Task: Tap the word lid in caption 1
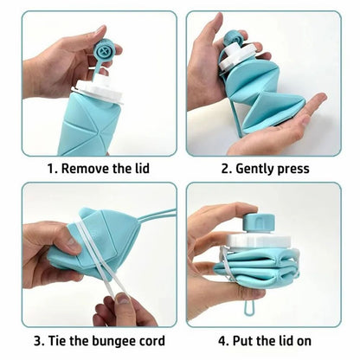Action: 141,168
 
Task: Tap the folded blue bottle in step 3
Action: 91,247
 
